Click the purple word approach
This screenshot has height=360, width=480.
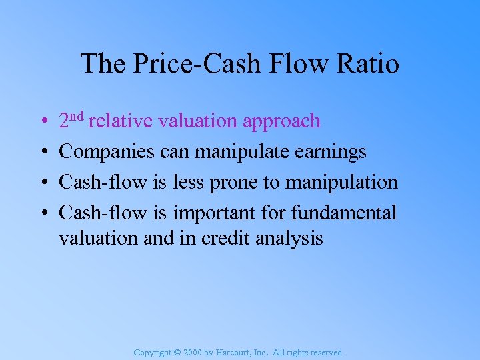coord(282,121)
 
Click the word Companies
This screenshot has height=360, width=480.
coord(107,152)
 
